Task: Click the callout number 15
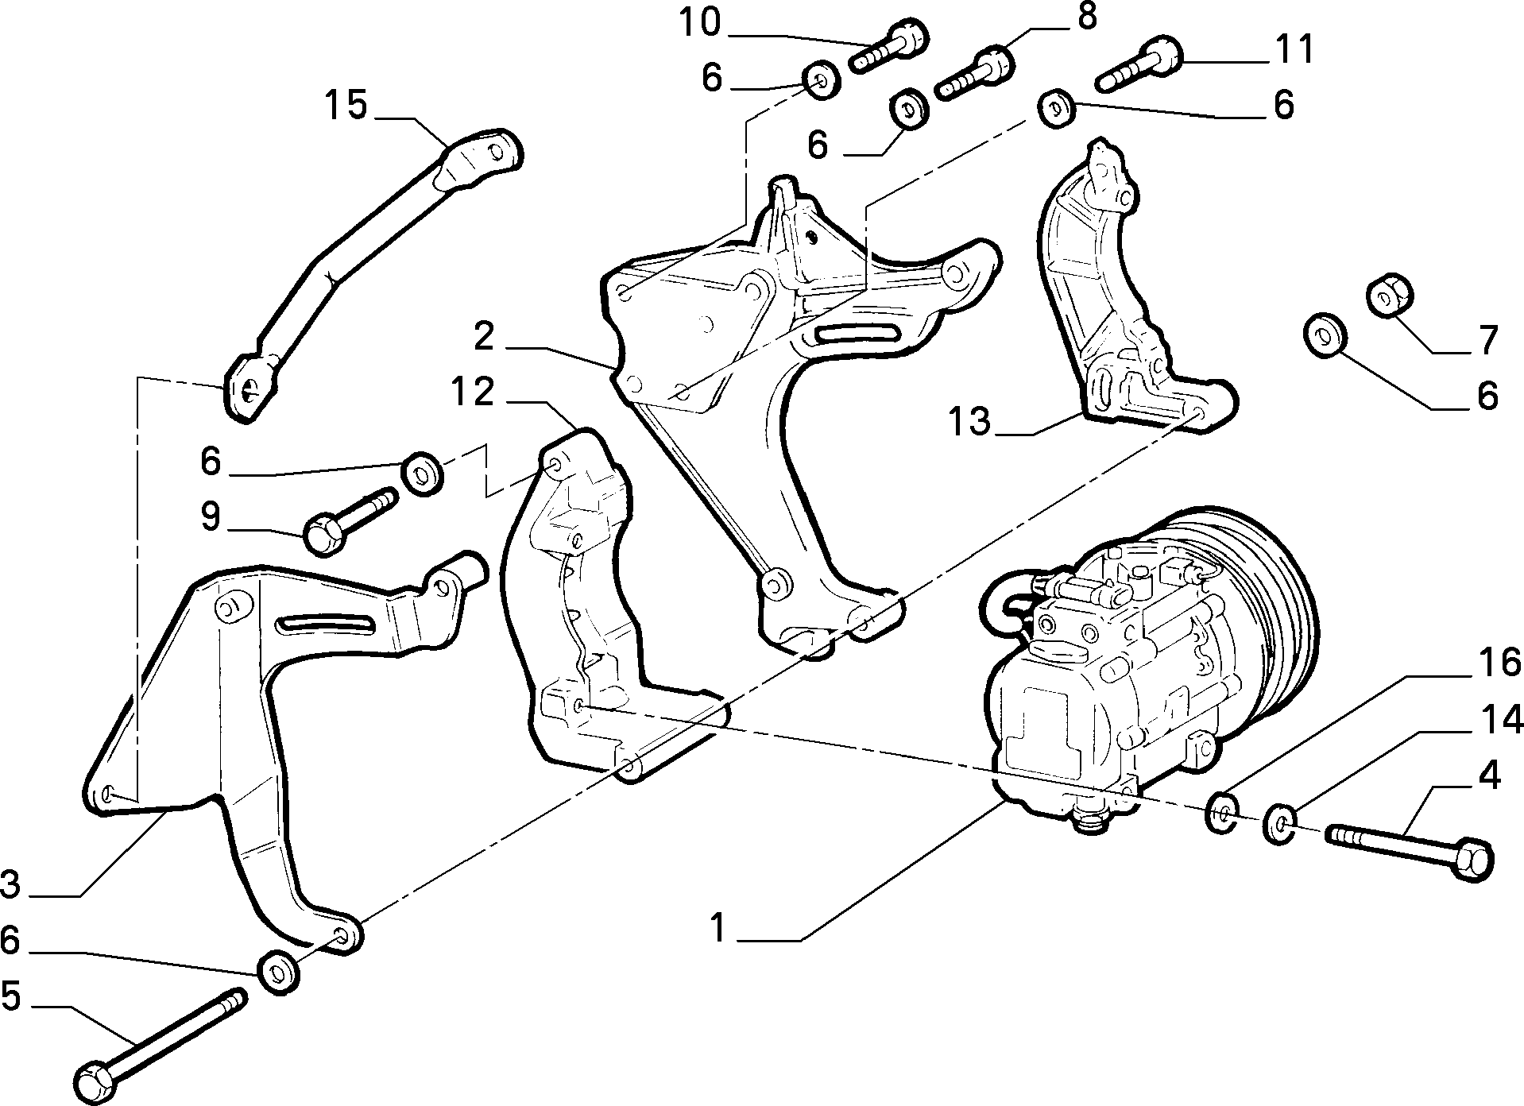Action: pos(346,105)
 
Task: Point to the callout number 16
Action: pos(1477,662)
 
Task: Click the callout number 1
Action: pos(718,928)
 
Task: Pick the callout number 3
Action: pos(11,884)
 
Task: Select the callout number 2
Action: pos(483,337)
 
